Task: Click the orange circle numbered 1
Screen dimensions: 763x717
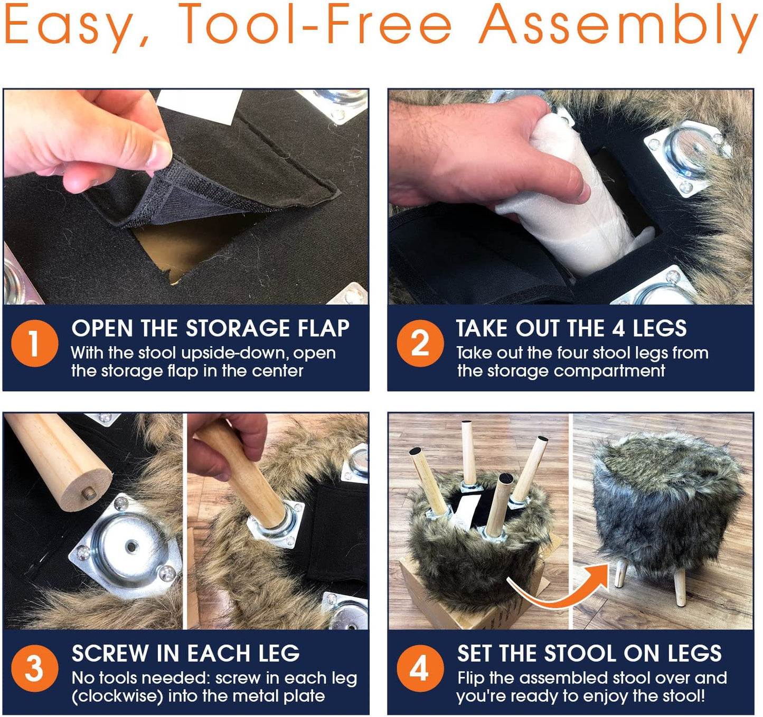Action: (x=34, y=343)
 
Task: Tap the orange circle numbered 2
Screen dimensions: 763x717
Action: (x=420, y=343)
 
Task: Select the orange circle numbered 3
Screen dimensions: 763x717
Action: (x=34, y=668)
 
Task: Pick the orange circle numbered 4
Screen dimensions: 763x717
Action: (x=420, y=668)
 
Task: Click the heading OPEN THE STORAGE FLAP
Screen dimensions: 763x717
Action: (x=211, y=328)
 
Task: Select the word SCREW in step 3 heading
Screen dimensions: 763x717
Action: (x=109, y=653)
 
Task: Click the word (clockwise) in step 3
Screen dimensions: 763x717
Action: (x=118, y=696)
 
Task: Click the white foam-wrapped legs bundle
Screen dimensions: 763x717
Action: (x=580, y=200)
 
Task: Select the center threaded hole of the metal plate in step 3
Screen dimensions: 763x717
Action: (x=132, y=545)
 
